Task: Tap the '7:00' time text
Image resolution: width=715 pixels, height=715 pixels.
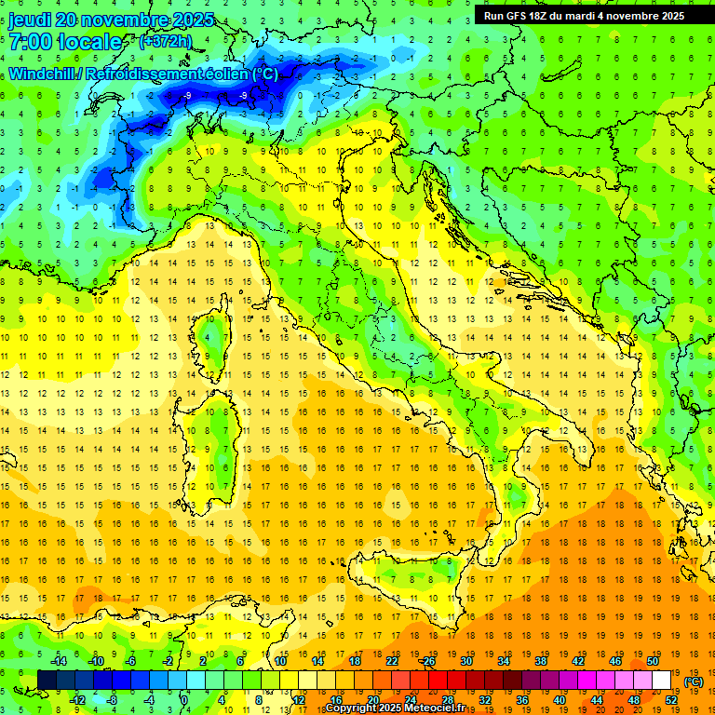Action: coord(31,42)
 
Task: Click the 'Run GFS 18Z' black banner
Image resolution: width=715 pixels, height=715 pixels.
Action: coord(583,15)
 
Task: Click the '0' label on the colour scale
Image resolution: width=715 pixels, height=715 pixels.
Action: coord(184,699)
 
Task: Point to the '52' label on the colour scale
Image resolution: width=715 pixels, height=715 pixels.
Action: coord(671,699)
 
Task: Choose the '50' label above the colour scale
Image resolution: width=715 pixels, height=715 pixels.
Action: coord(653,661)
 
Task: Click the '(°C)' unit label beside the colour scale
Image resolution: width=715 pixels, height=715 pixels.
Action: coord(694,681)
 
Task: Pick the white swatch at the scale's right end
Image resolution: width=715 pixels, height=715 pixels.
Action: coord(661,681)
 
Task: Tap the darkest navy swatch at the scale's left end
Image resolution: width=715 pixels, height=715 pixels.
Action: coord(47,681)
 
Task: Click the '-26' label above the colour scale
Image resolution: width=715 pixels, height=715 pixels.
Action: coord(427,661)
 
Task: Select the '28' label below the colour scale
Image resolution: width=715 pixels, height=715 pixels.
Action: coord(446,699)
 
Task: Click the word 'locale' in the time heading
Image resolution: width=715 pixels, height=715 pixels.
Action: coord(89,42)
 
